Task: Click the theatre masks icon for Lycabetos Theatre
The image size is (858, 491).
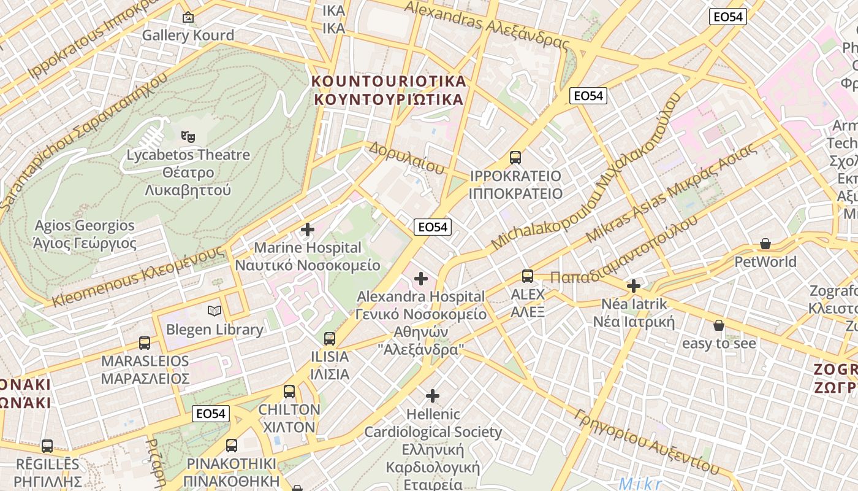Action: coord(188,136)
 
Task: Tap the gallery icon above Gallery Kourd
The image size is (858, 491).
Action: coord(188,17)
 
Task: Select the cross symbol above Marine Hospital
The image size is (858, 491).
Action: coord(308,230)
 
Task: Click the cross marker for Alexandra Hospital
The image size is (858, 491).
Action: coord(421,279)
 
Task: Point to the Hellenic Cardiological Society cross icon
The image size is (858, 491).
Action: coord(433,396)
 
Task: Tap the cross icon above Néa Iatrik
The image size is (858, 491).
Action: coord(634,286)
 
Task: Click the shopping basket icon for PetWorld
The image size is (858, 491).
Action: coord(765,244)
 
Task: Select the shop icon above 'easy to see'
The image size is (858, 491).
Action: coord(719,325)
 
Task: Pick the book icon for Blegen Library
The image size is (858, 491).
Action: coord(214,311)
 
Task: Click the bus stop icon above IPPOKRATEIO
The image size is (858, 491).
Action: coord(515,158)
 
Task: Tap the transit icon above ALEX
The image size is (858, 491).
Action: coord(528,276)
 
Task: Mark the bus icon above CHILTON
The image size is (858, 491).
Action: coord(289,391)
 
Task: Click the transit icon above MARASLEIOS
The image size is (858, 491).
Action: coord(145,342)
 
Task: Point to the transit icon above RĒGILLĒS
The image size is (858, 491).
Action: coord(47,446)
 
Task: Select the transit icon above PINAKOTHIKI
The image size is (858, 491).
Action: coord(232,446)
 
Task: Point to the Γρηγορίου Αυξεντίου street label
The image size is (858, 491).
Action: coord(647,441)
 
